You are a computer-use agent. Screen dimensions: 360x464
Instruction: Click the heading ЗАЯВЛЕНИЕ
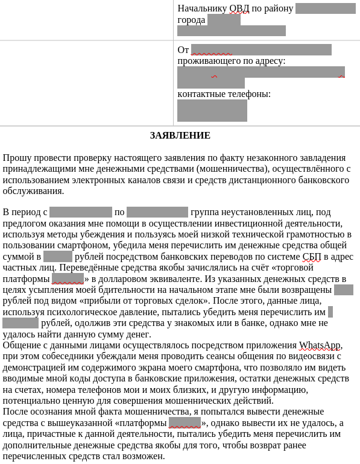click(x=180, y=136)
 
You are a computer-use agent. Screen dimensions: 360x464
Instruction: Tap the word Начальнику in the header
click(x=201, y=8)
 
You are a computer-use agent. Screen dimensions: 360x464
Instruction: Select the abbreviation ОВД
click(x=239, y=8)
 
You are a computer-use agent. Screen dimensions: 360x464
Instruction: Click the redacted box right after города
click(x=224, y=20)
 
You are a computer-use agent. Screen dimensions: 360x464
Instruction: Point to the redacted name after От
click(x=261, y=49)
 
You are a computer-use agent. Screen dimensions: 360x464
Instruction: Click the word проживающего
click(x=208, y=61)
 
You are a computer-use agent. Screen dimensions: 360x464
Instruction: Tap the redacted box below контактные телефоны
click(x=212, y=110)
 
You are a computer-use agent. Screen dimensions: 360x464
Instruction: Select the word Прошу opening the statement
click(x=15, y=158)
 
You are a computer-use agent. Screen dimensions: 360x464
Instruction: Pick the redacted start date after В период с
click(x=80, y=212)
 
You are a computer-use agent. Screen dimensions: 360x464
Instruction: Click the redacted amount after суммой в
click(x=58, y=257)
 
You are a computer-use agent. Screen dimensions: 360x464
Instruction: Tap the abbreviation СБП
click(x=312, y=257)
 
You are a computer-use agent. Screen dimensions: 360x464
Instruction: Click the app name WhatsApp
click(x=320, y=345)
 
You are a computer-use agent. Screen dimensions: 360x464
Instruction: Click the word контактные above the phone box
click(x=201, y=94)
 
